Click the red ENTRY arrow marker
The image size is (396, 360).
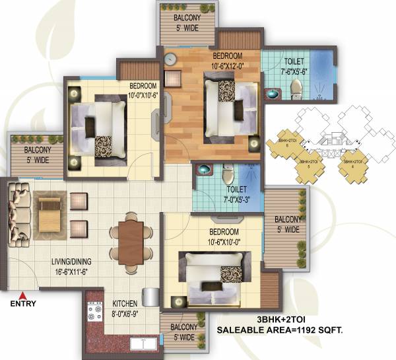tap(22, 295)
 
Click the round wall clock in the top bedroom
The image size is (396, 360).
tap(170, 59)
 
